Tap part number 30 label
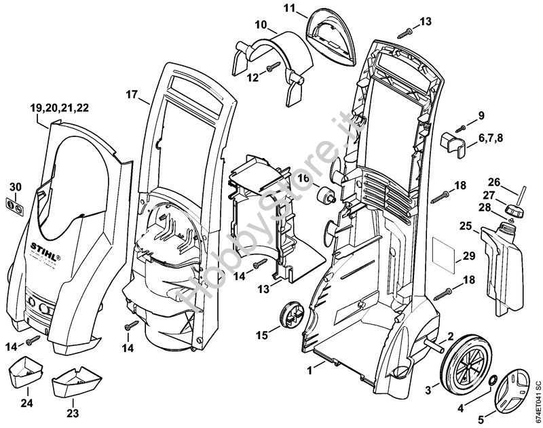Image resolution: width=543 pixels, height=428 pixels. (15, 187)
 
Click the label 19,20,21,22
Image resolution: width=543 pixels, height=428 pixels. (59, 107)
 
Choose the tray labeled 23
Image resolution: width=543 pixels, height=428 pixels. (73, 381)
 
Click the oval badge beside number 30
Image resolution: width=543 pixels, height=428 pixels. (15, 205)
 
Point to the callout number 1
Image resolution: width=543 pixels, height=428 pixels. (310, 370)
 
